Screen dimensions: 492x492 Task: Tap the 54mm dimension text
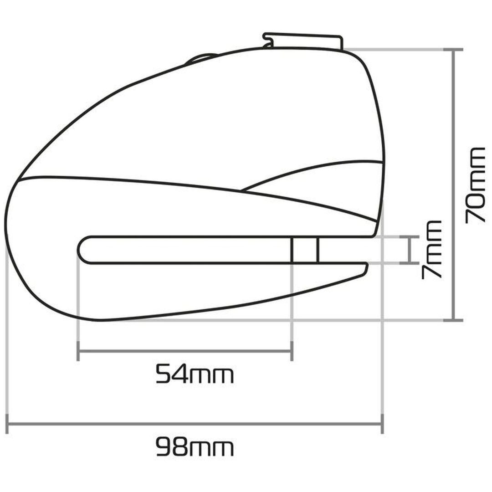[x=195, y=374]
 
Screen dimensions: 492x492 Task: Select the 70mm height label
[x=475, y=185]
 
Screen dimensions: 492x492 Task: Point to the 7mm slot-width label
[x=432, y=250]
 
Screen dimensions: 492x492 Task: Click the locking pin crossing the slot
[x=305, y=250]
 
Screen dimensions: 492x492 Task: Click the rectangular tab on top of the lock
[x=303, y=41]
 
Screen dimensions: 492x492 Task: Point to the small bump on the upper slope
[x=201, y=58]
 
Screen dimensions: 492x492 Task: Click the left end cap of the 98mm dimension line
[x=7, y=424]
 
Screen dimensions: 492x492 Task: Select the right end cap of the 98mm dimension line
[x=382, y=424]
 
